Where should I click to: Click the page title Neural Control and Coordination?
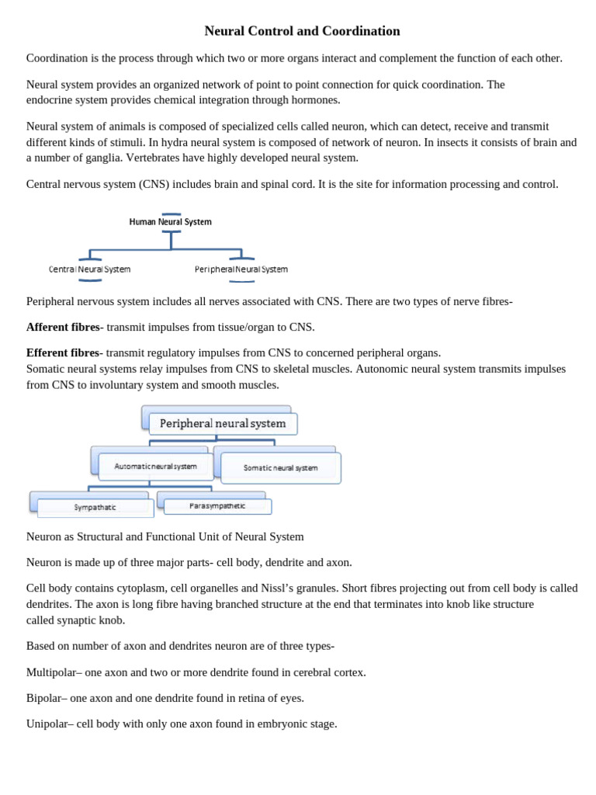coord(302,31)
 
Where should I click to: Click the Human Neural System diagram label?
coord(170,222)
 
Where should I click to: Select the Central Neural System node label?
coord(89,269)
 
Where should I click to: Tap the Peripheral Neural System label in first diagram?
coord(241,269)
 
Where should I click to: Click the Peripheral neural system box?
coord(223,424)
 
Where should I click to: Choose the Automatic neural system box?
coord(155,467)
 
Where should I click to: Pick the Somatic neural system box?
coord(280,468)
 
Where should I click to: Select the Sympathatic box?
coord(95,508)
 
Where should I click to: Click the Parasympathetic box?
coord(217,506)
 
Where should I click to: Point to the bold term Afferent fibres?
coord(63,327)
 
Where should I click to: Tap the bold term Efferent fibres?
coord(63,352)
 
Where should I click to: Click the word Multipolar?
coord(50,672)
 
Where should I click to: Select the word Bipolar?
coord(45,698)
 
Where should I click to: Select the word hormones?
coord(314,99)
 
